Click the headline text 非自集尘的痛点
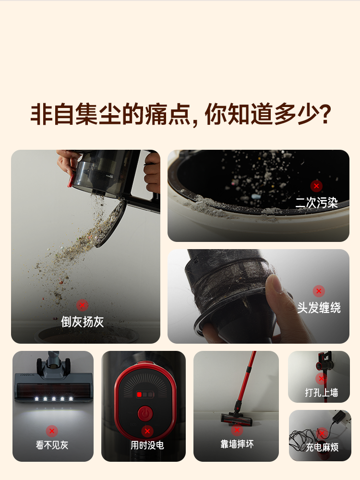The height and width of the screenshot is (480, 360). [110, 115]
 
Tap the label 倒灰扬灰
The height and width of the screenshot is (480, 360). [82, 321]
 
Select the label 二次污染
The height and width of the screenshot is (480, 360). [316, 203]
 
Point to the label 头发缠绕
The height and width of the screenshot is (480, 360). [319, 308]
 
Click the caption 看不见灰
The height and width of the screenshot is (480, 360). [52, 445]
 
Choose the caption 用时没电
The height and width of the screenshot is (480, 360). [147, 445]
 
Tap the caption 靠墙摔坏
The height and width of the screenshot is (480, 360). [237, 444]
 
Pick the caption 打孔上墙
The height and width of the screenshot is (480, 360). [322, 393]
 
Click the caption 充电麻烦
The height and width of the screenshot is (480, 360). [322, 447]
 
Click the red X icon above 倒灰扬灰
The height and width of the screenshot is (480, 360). [83, 305]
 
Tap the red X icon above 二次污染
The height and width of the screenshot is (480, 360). [316, 186]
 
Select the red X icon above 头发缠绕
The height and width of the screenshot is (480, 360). [319, 291]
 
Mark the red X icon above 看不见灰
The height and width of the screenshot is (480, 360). [52, 431]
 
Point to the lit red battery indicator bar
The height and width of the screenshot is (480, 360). [139, 394]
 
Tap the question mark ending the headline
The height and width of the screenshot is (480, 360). [324, 115]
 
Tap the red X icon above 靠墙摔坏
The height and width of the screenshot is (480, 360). [237, 430]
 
